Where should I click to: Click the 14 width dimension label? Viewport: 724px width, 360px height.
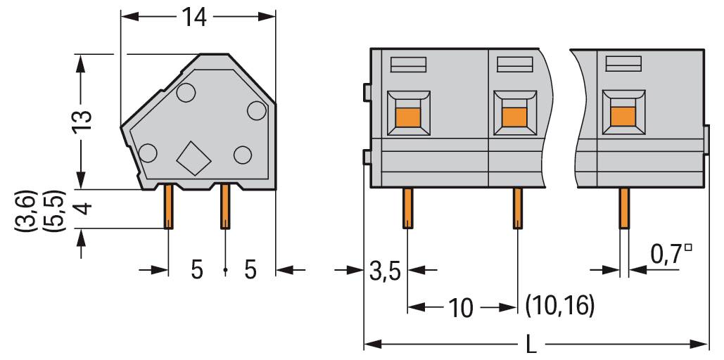pos(196,17)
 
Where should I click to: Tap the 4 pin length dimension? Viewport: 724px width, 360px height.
pos(83,209)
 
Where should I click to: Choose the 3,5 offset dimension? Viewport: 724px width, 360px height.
pos(385,270)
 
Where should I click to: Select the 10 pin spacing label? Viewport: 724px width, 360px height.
pos(461,307)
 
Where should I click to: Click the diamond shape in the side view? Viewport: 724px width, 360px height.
pos(194,158)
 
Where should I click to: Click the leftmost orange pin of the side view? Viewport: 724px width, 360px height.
pos(169,206)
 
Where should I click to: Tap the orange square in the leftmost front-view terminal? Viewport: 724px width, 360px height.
pos(407,115)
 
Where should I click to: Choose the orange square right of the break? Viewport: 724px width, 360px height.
pos(622,115)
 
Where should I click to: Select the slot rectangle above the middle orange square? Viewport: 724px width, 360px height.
pos(514,65)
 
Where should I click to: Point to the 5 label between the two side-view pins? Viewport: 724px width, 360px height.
pos(198,270)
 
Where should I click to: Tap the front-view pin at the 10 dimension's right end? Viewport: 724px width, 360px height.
pos(517,208)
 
